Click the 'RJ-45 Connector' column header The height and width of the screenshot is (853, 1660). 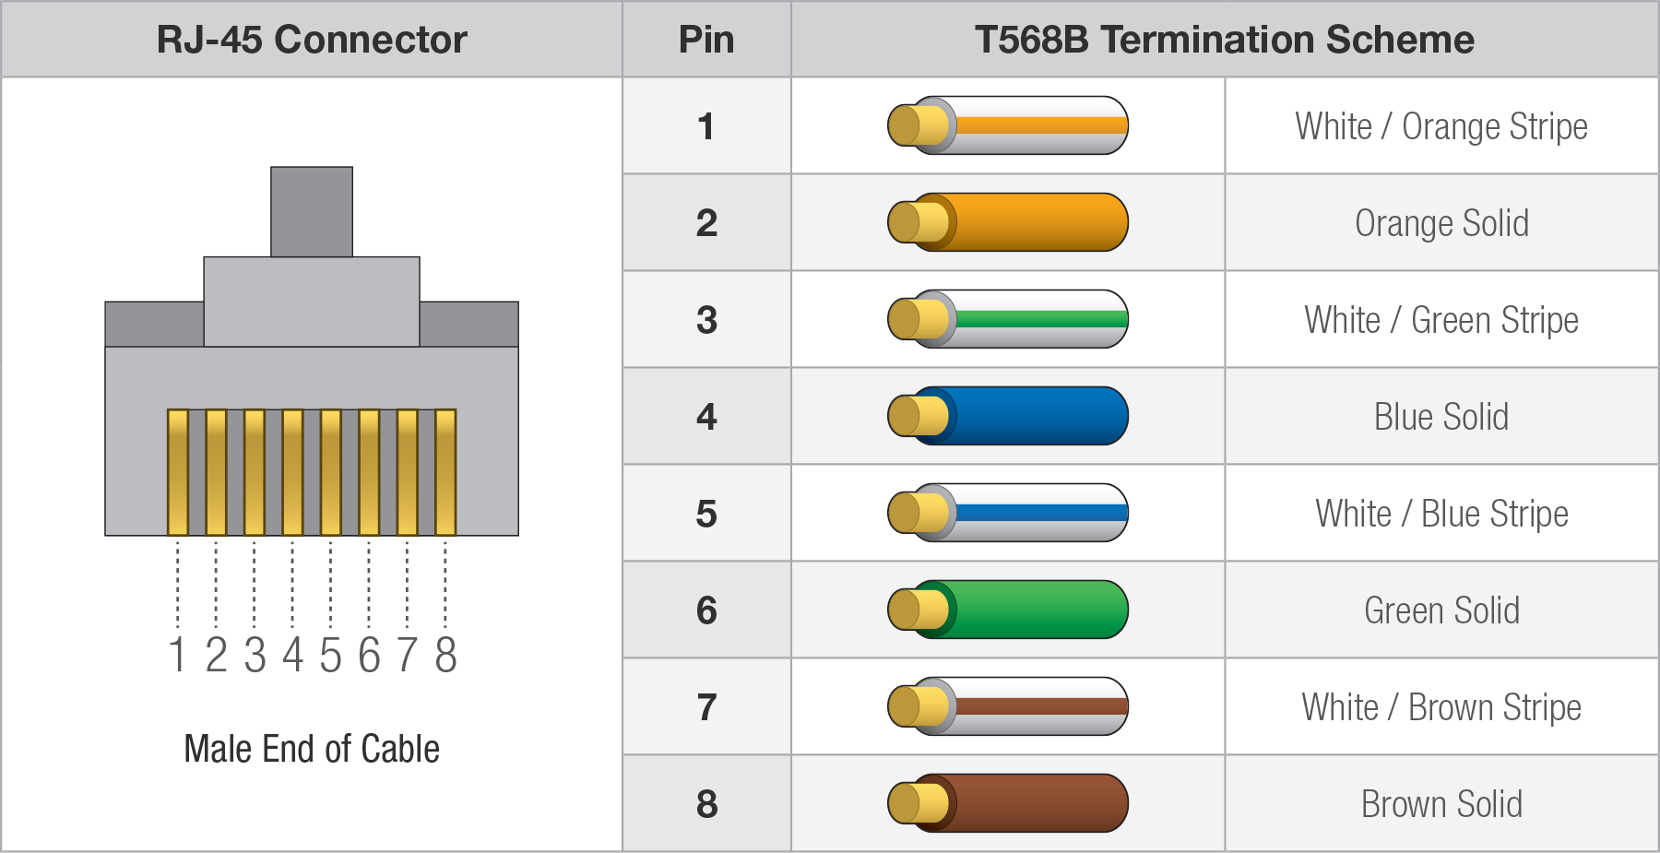point(312,40)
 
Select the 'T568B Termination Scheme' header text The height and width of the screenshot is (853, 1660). point(1225,40)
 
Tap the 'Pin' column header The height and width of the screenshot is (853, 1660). point(706,40)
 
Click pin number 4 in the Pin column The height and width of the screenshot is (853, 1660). point(706,417)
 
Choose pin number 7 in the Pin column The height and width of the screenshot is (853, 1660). point(706,707)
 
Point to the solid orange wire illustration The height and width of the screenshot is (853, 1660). point(1008,222)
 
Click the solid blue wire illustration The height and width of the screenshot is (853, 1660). point(1008,416)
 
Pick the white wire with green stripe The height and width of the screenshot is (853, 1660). point(1008,319)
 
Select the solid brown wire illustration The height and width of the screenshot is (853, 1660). point(1008,803)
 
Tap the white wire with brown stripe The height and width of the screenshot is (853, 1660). point(1008,706)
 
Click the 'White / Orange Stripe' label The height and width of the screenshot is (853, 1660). point(1441,126)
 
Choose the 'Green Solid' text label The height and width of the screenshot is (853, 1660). point(1441,610)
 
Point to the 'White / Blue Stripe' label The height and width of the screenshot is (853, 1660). point(1441,514)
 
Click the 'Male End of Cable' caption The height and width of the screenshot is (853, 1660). point(312,749)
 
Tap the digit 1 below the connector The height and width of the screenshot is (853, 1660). point(177,655)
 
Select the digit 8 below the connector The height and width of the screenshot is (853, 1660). point(445,655)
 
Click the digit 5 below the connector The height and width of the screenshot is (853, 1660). point(330,655)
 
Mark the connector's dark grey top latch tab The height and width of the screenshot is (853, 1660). point(312,211)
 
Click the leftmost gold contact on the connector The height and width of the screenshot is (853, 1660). point(178,472)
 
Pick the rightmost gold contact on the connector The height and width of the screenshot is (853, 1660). point(445,472)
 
